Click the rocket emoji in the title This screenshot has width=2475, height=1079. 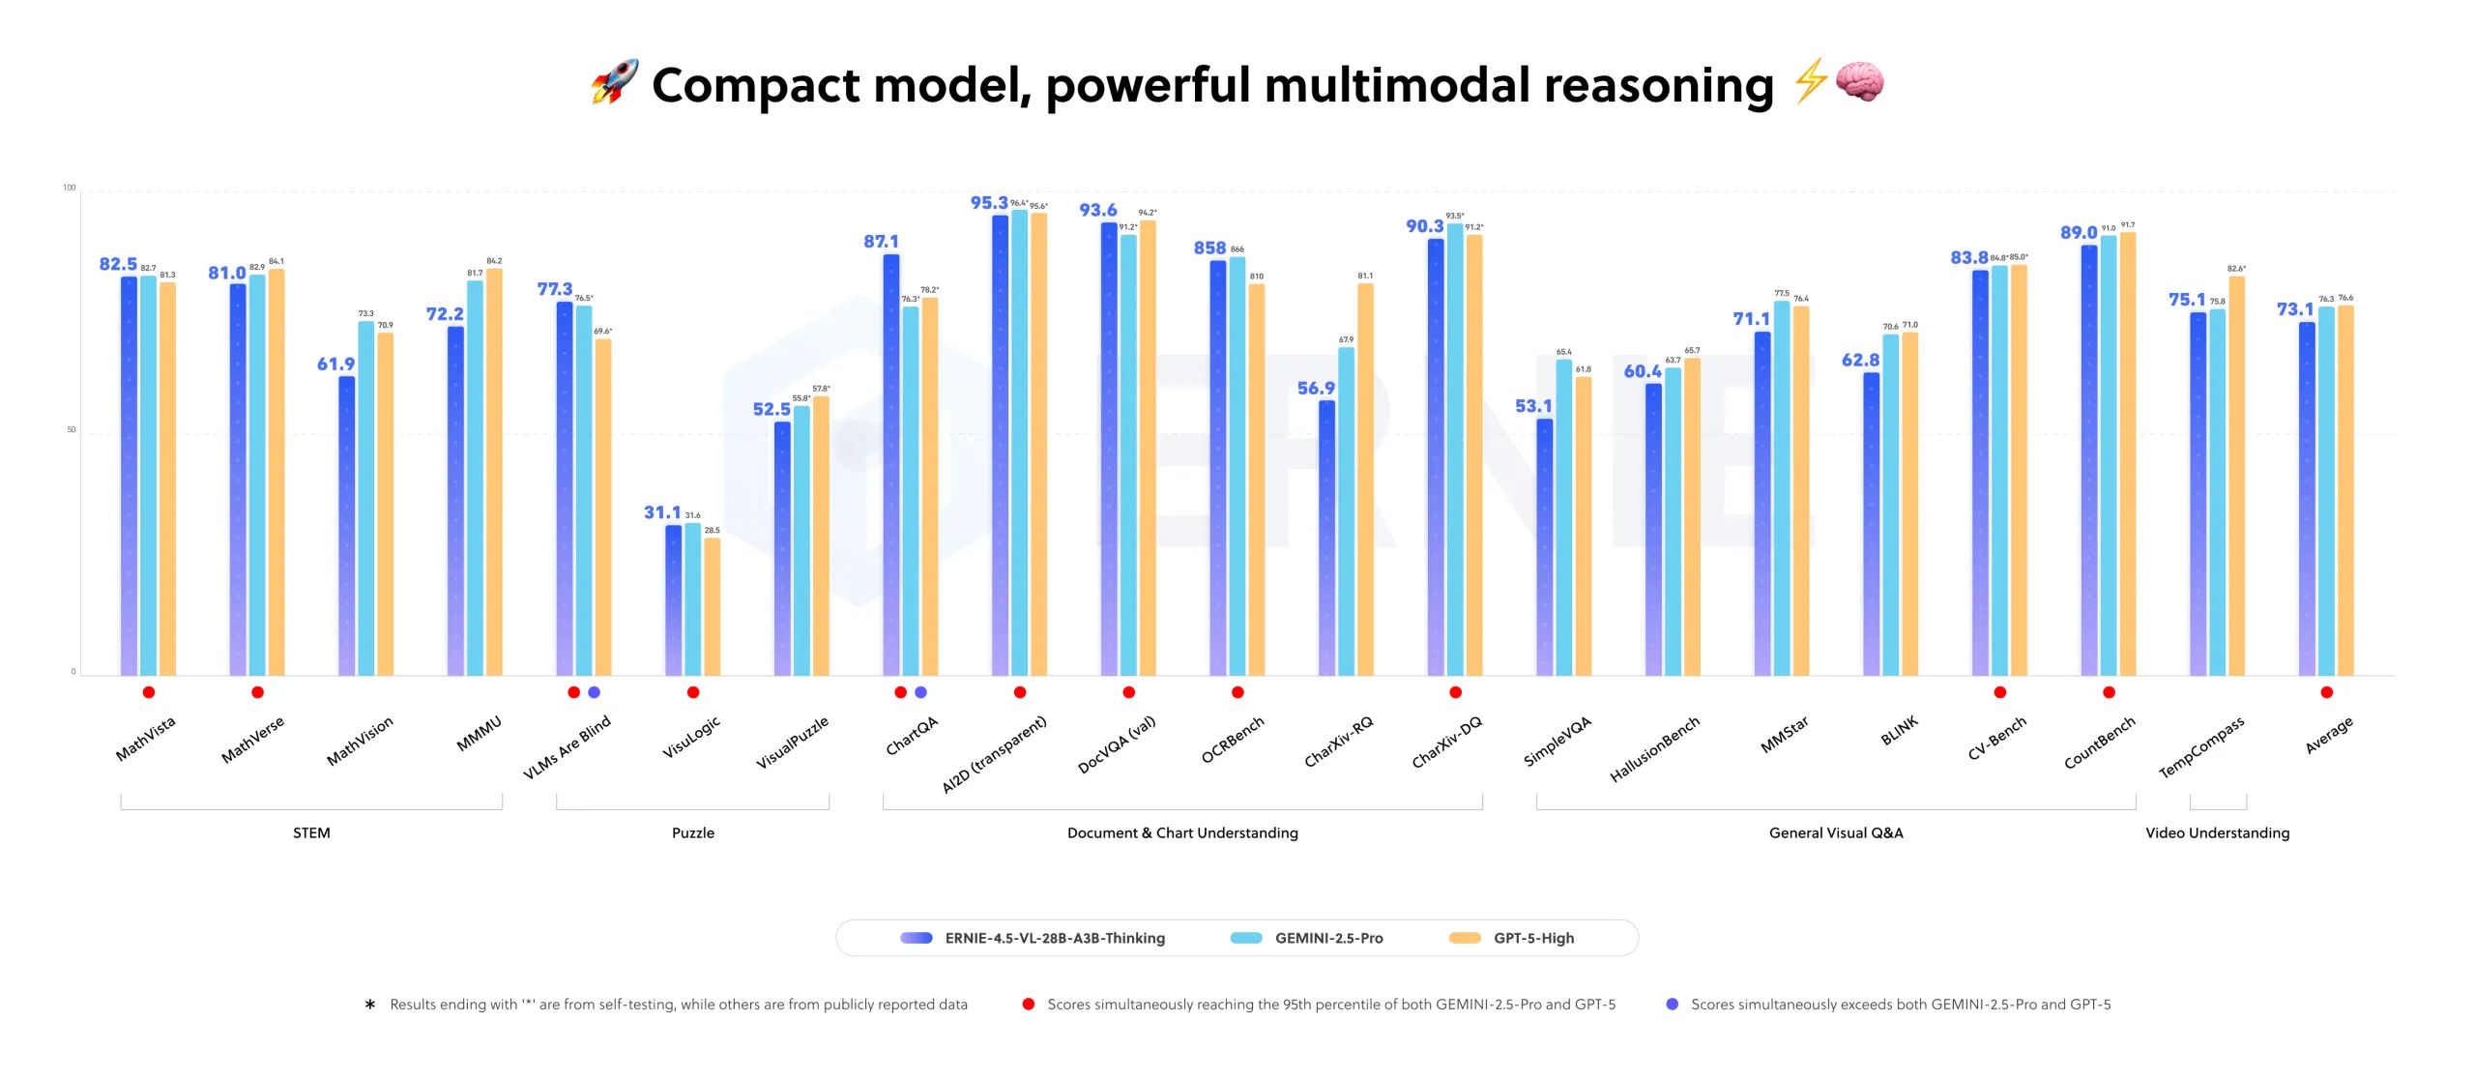coord(615,82)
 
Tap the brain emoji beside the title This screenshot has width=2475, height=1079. coord(1858,81)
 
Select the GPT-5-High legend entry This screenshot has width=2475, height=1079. coord(1513,938)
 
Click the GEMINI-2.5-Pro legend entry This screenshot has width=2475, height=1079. coord(1307,938)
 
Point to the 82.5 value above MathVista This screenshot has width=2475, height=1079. coord(118,264)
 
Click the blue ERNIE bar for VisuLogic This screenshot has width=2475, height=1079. coord(673,599)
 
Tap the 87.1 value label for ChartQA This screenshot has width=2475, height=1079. coord(881,242)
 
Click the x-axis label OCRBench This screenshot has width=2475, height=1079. coord(1232,741)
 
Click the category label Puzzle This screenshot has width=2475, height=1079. coord(693,832)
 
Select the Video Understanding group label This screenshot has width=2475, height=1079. coord(2217,832)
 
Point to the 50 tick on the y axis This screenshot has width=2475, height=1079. coord(71,430)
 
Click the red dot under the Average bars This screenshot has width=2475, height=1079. coord(2326,692)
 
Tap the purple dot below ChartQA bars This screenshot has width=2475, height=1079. coord(920,692)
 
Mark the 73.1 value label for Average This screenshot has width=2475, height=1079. coord(2294,309)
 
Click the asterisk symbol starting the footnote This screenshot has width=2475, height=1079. coord(369,1006)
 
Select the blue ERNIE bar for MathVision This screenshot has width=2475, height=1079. coord(346,527)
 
